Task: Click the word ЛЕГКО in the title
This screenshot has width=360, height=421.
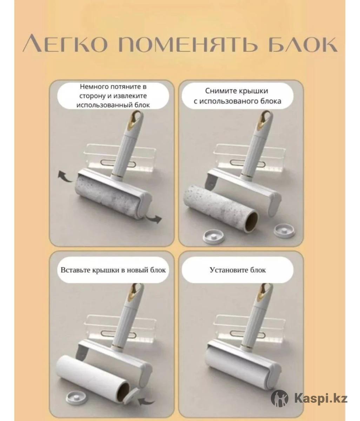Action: pos(65,46)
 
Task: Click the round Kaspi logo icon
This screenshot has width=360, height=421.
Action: pos(279,398)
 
